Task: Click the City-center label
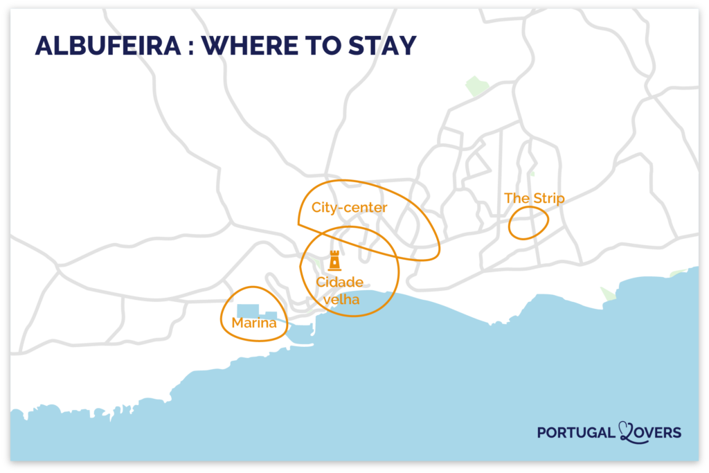[x=349, y=207]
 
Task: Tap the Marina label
[x=254, y=323]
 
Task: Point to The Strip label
[x=534, y=199]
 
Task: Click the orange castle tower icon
[x=334, y=260]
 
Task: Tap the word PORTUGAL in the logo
[x=576, y=433]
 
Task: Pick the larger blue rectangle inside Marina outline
[x=247, y=311]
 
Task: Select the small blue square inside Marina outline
[x=271, y=316]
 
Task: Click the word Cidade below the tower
[x=339, y=282]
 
